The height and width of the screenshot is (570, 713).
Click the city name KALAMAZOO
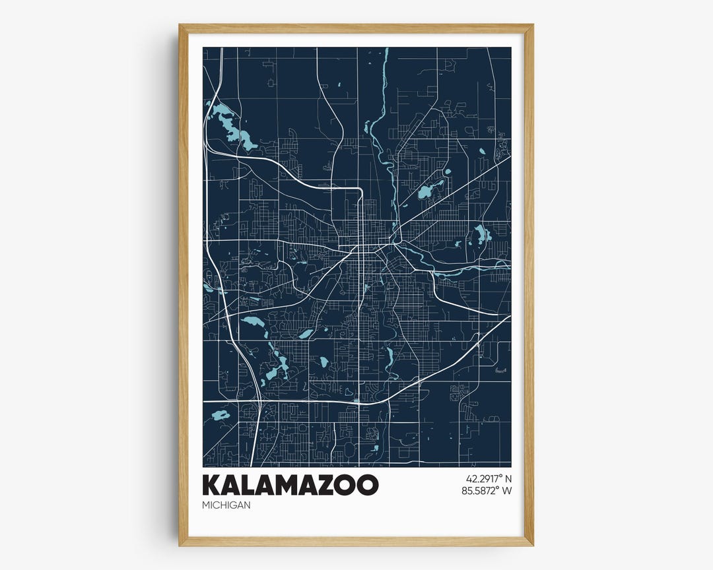point(291,484)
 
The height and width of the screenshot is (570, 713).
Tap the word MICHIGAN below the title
point(227,505)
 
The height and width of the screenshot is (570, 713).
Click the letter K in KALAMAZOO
point(213,484)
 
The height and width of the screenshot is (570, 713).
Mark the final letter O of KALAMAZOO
point(368,484)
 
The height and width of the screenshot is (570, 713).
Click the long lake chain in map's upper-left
point(230,125)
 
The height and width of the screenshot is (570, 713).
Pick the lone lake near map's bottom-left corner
point(220,416)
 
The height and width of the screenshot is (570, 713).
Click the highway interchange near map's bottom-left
point(259,400)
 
